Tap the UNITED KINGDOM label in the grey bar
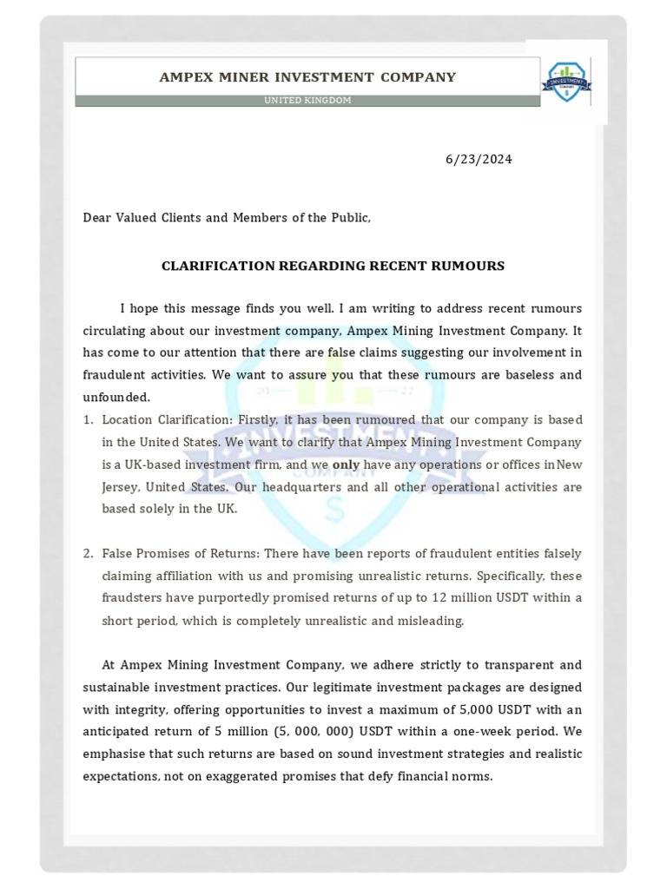coord(307,101)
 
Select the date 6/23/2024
coord(479,160)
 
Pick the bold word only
coord(346,464)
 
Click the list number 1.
coord(88,419)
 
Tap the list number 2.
coord(88,554)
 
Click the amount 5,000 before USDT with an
coord(486,709)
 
